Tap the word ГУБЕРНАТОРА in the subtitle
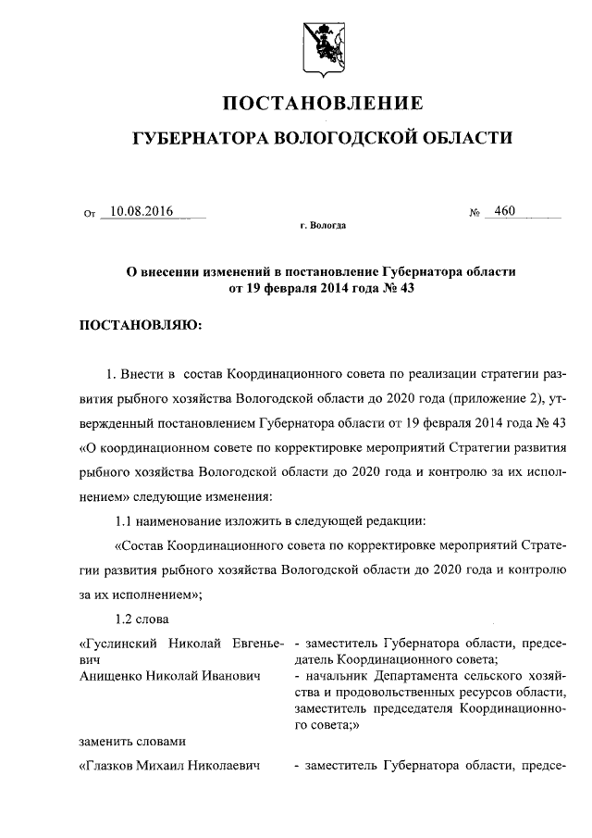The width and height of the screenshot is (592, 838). point(200,138)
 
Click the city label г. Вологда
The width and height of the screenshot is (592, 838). point(323,226)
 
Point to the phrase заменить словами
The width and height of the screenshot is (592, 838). point(130,741)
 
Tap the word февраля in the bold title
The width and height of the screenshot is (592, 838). point(292,287)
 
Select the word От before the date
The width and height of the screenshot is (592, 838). point(90,214)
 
